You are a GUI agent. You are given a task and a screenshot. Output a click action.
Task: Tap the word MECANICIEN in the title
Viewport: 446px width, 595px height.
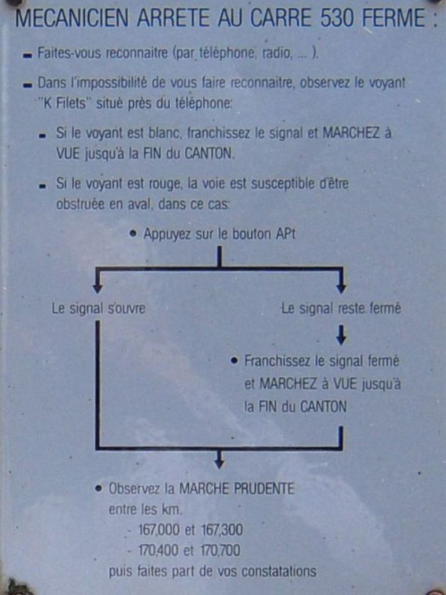pyautogui.click(x=72, y=18)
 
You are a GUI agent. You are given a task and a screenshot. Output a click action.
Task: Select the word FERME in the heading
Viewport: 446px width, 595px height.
pyautogui.click(x=394, y=18)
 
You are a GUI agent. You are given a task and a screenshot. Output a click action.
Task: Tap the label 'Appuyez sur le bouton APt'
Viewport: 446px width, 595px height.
pyautogui.click(x=219, y=234)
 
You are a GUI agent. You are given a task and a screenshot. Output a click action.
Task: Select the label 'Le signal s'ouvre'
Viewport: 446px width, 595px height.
pyautogui.click(x=98, y=309)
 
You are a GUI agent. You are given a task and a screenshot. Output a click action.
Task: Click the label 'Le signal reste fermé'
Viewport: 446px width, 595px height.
pyautogui.click(x=341, y=309)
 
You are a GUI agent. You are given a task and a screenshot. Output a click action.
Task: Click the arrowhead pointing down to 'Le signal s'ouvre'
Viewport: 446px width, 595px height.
pyautogui.click(x=98, y=288)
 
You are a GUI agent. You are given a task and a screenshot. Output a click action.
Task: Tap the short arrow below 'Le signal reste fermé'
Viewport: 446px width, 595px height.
pyautogui.click(x=341, y=335)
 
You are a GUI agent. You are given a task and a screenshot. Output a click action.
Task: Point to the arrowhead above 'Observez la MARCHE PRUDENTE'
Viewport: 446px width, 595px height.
pyautogui.click(x=219, y=464)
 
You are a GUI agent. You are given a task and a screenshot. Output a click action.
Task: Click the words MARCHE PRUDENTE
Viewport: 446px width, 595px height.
pyautogui.click(x=237, y=489)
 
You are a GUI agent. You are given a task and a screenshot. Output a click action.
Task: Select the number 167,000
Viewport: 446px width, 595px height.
pyautogui.click(x=159, y=530)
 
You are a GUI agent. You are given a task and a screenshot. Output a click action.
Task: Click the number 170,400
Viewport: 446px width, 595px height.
pyautogui.click(x=157, y=550)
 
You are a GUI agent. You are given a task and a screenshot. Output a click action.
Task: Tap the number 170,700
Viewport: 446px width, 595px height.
pyautogui.click(x=221, y=550)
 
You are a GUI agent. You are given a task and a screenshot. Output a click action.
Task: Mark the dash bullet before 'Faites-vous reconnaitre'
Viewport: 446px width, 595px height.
pyautogui.click(x=27, y=56)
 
